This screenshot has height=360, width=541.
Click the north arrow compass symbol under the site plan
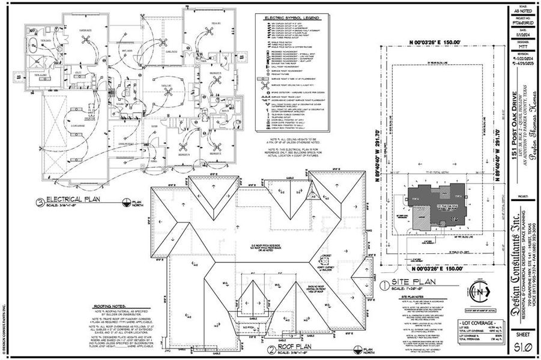click(480, 291)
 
